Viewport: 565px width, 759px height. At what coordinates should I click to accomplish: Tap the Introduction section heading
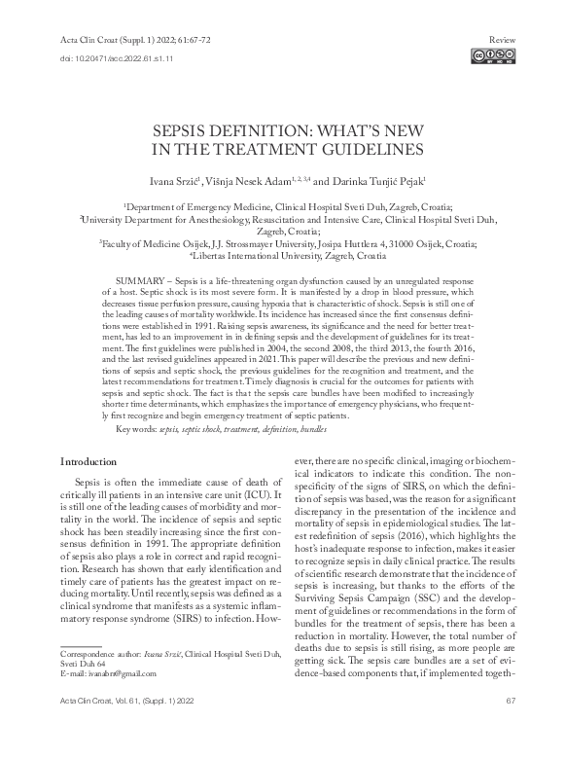[90, 460]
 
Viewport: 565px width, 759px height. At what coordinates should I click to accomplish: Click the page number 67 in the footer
[510, 727]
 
